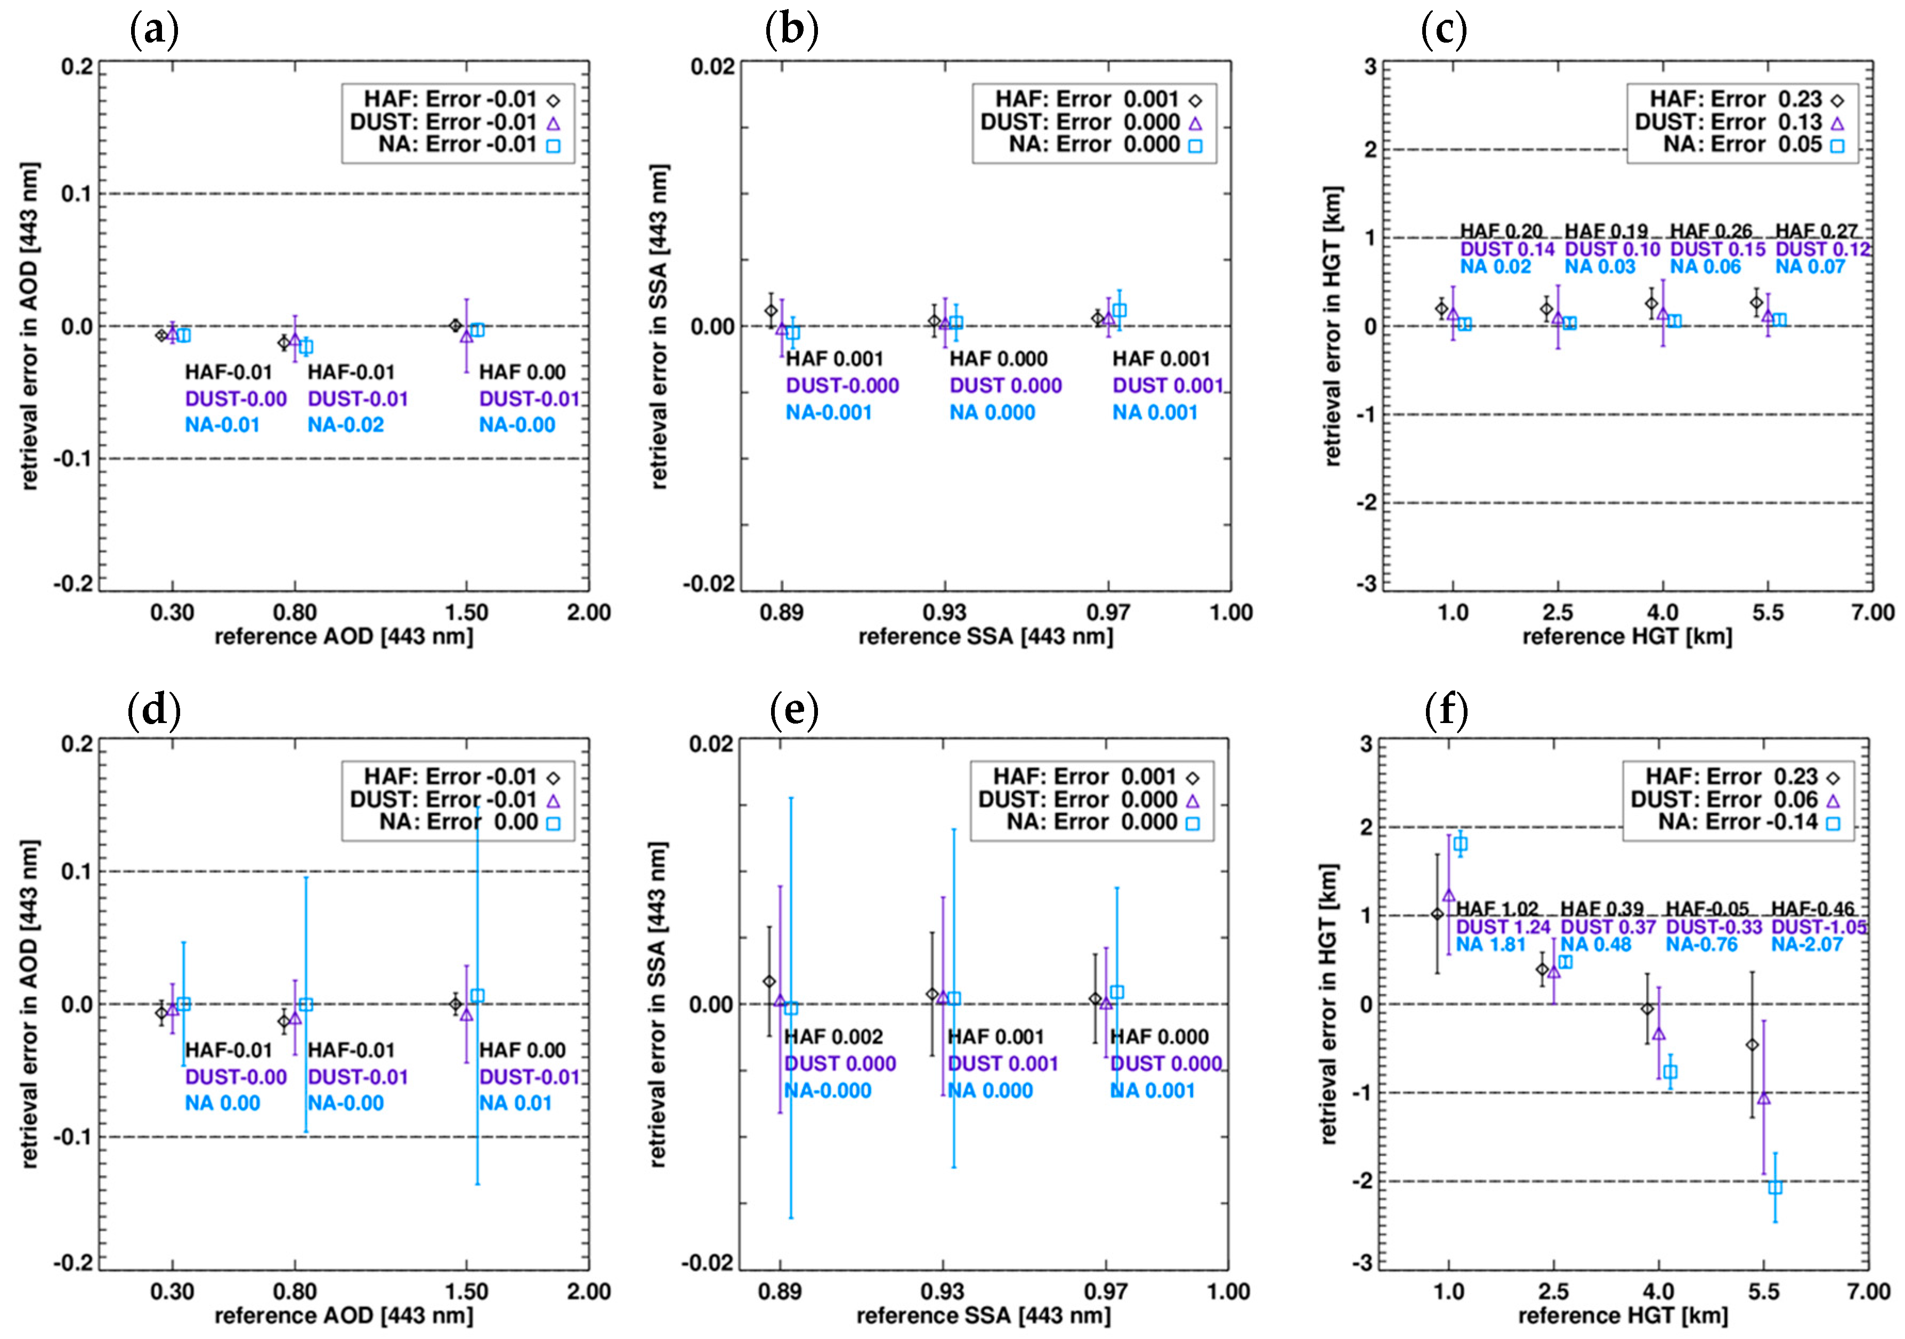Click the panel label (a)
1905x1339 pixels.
click(x=155, y=31)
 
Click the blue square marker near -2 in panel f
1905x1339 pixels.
click(x=1775, y=1187)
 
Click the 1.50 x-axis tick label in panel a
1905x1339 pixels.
click(x=466, y=613)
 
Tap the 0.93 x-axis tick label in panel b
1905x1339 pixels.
click(x=944, y=613)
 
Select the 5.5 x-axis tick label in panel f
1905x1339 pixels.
click(x=1763, y=1292)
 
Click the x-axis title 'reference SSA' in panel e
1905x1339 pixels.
click(x=983, y=1316)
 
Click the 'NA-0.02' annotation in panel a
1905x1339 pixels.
click(x=345, y=425)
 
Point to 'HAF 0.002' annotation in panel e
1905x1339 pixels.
click(x=833, y=1036)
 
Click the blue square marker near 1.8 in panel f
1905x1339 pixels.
click(x=1460, y=843)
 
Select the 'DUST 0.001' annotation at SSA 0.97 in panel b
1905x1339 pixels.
click(x=1168, y=386)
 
